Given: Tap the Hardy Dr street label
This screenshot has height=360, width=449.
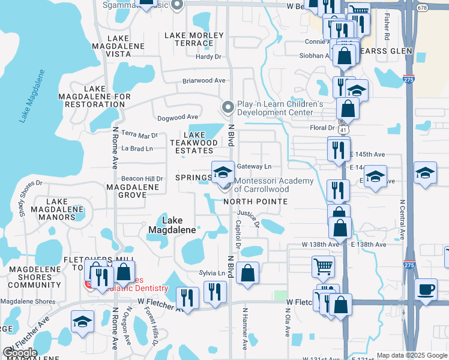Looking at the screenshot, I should [209, 57].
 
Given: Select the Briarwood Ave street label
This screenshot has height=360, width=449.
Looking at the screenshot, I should [204, 80].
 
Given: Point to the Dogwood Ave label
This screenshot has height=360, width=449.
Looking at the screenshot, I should [177, 117].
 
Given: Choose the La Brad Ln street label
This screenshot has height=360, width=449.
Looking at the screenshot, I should [137, 148].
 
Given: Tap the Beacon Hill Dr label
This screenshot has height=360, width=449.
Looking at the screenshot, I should [142, 179].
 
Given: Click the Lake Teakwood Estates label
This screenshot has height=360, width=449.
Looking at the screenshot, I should [194, 143].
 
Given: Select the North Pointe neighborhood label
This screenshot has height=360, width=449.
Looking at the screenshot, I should [255, 202].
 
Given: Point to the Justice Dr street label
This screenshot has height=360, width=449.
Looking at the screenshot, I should [249, 217].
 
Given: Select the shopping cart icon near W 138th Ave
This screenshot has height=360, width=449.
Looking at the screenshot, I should [323, 265].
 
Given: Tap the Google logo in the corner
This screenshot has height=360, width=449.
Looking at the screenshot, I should [20, 353].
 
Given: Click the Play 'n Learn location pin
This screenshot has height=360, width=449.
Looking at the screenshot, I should [228, 107].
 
